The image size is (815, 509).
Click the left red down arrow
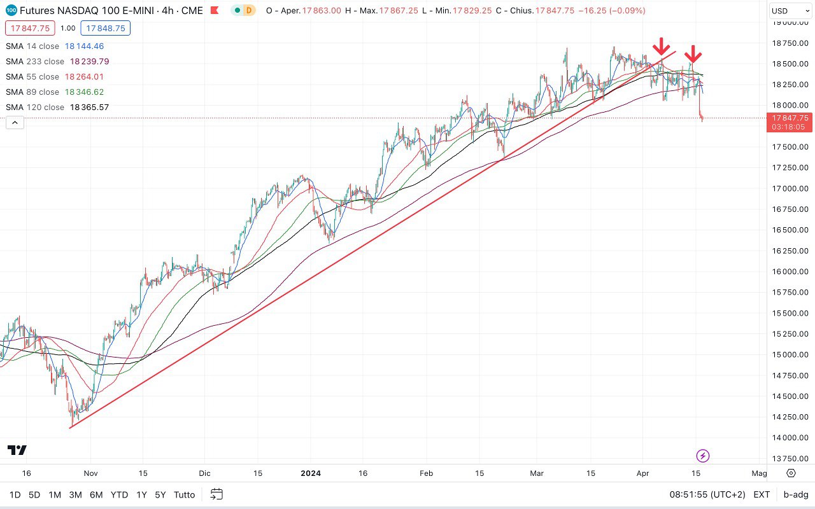pos(662,46)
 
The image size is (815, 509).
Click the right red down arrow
pos(693,54)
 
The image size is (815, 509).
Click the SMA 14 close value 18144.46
pos(84,46)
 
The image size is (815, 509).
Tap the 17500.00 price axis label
pos(790,147)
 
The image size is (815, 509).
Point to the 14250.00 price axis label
pos(790,417)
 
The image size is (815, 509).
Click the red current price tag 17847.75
pos(790,118)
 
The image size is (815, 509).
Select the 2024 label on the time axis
pos(310,473)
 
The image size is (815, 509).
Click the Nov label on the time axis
pos(90,473)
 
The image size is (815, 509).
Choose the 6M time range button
pos(96,494)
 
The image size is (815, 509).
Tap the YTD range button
pos(119,494)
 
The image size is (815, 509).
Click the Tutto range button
pos(184,494)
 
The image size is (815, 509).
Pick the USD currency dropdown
pos(789,11)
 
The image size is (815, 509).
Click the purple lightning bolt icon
pos(703,456)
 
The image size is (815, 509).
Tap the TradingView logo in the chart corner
pos(17,450)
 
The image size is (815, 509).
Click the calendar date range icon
pos(216,494)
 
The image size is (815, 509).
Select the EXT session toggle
pos(762,494)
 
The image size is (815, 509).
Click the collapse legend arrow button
pos(15,123)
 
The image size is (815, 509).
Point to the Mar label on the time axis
pos(537,473)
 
